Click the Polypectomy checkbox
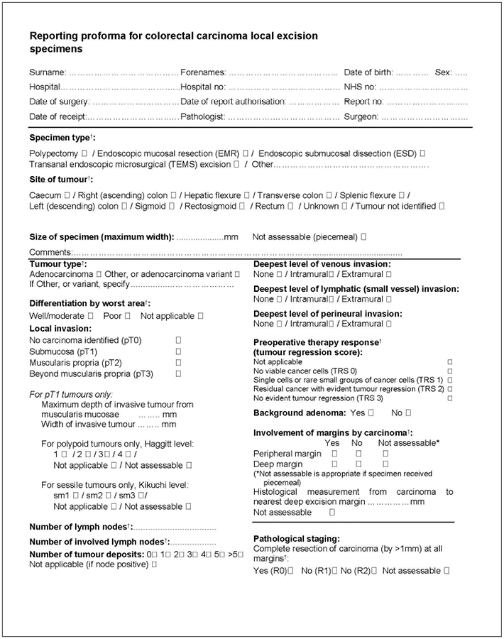(x=84, y=153)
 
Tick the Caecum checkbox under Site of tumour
(x=67, y=195)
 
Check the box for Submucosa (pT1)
(x=178, y=351)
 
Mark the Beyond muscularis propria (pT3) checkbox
(x=178, y=373)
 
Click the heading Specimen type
(x=61, y=137)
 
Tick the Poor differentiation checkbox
(x=127, y=315)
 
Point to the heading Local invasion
(x=60, y=329)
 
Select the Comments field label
(x=50, y=252)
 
